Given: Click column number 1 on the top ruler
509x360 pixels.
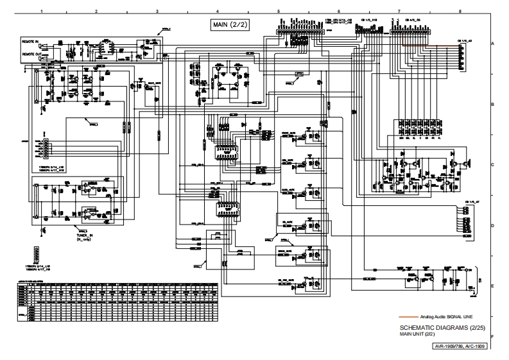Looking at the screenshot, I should (41, 12).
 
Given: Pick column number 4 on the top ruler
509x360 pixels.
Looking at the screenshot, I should (218, 12).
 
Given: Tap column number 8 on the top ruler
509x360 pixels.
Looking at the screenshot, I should (460, 12).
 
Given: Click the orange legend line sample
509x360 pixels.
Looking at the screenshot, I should (408, 317).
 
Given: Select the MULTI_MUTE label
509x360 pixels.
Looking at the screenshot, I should (155, 83).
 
